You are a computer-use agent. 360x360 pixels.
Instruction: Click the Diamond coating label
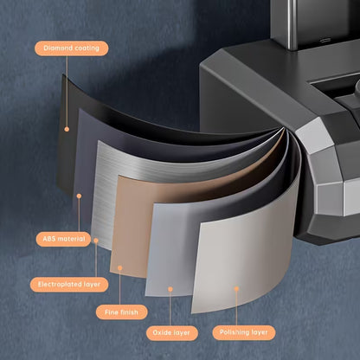click(72, 48)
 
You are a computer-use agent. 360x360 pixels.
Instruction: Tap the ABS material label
click(63, 239)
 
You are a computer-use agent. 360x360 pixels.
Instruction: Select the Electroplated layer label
click(69, 285)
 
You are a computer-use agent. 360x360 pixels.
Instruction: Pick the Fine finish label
click(121, 312)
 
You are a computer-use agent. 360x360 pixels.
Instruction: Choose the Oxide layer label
click(171, 333)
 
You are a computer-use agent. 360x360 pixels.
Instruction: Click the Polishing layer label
click(244, 332)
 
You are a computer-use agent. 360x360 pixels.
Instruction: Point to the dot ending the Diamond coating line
click(67, 129)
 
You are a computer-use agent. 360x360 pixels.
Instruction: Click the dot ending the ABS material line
click(79, 196)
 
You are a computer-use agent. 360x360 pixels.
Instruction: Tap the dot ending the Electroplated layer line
click(96, 241)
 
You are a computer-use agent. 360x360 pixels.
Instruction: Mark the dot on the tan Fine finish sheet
click(120, 268)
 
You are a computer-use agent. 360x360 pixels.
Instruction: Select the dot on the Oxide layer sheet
click(170, 289)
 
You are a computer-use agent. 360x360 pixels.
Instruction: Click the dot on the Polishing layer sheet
click(236, 288)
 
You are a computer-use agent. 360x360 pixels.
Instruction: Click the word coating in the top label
click(87, 48)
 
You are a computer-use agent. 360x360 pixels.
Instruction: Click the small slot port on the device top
click(326, 40)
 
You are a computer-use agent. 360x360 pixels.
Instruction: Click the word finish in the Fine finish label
click(128, 312)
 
